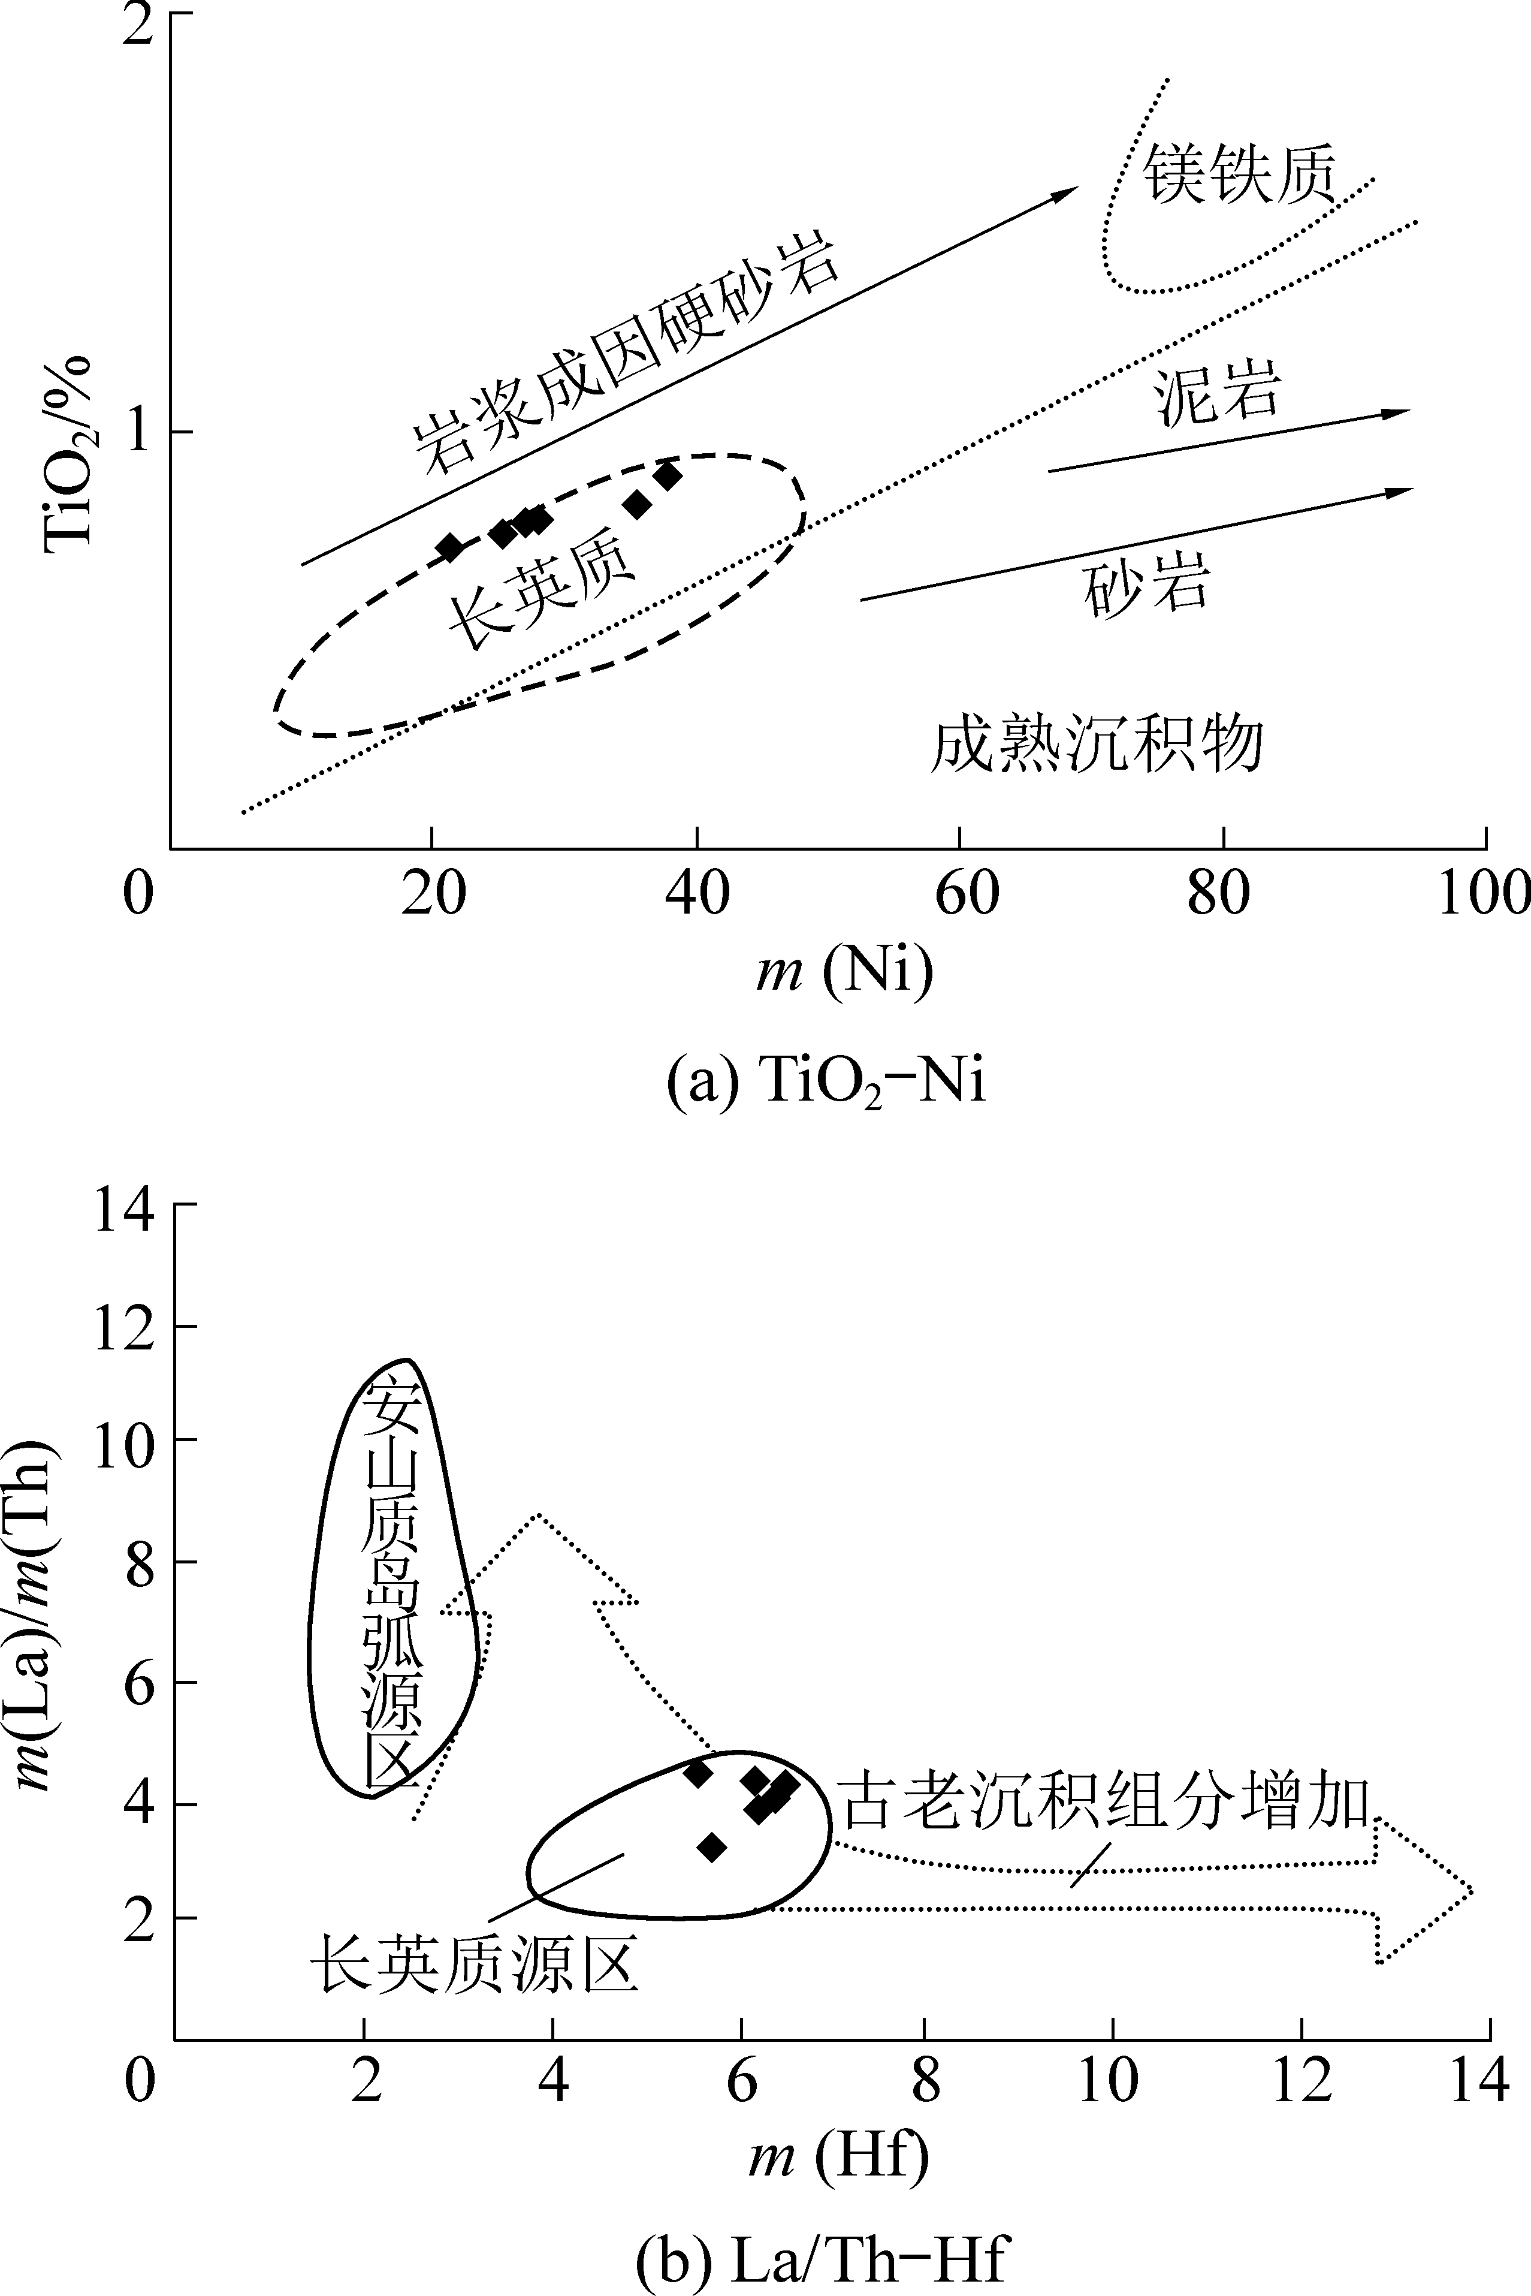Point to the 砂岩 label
(1148, 584)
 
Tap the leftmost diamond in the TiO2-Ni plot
(449, 547)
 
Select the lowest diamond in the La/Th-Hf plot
(712, 1847)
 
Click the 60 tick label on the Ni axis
(967, 894)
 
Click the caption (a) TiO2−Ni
(826, 1083)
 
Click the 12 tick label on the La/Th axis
(124, 1328)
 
